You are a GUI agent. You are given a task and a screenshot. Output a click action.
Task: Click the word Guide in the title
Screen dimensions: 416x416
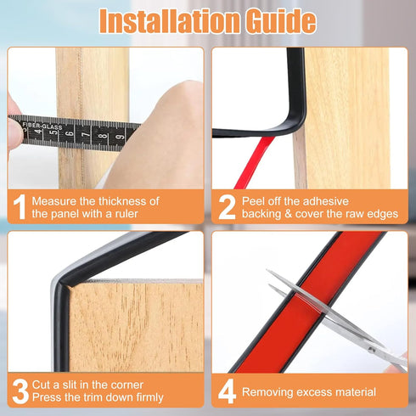(x=280, y=21)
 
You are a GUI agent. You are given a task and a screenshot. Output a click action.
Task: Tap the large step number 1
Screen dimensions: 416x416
(x=20, y=206)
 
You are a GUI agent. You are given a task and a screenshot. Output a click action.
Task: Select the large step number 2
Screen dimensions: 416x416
(x=227, y=207)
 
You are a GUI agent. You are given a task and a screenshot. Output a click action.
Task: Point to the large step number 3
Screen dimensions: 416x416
(x=20, y=391)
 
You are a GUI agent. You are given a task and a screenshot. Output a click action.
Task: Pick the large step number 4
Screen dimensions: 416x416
(x=227, y=391)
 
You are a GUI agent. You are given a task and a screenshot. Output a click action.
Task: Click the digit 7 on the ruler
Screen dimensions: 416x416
(x=86, y=133)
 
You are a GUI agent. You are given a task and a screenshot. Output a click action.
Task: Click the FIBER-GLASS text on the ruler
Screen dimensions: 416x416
(x=42, y=126)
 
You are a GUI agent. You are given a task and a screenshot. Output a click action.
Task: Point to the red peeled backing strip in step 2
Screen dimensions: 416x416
(x=253, y=163)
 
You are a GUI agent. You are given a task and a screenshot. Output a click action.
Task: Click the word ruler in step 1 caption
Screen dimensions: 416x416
(x=126, y=214)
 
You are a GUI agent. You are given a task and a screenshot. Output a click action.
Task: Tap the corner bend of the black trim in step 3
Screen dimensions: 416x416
(x=61, y=283)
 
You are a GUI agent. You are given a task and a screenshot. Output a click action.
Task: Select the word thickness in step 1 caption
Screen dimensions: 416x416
(x=124, y=201)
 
